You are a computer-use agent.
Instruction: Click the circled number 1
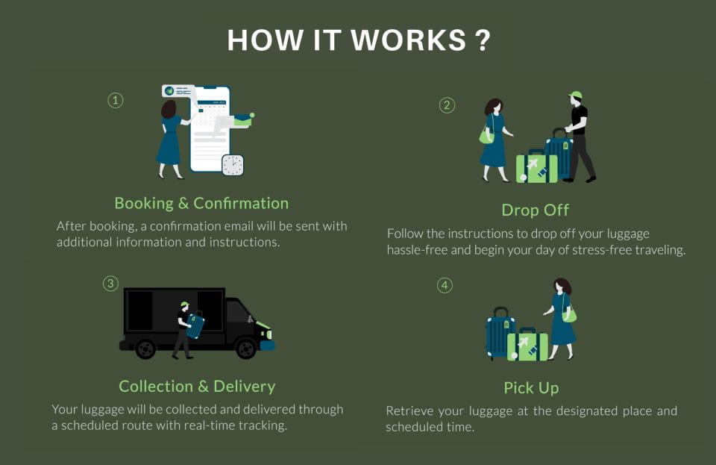(x=115, y=100)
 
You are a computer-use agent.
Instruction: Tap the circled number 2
(x=447, y=105)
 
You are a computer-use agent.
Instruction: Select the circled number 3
(x=110, y=284)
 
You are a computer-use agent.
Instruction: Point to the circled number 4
(x=445, y=285)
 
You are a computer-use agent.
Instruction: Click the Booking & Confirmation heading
(x=201, y=203)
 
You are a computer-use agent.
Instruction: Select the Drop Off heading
(x=535, y=210)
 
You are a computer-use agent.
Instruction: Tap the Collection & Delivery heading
(x=197, y=386)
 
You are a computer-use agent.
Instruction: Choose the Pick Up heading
(x=531, y=388)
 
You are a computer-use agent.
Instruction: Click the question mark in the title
(x=482, y=40)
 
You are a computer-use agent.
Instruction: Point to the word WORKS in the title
(x=408, y=40)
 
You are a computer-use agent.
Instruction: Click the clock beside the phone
(x=233, y=165)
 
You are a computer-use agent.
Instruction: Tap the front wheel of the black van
(x=245, y=348)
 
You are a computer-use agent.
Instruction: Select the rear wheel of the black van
(x=145, y=348)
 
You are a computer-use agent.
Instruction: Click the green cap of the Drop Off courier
(x=574, y=96)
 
